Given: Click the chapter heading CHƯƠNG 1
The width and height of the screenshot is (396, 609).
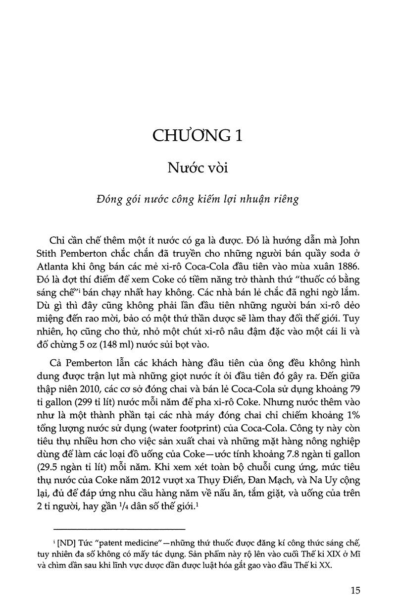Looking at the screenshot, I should click(198, 136).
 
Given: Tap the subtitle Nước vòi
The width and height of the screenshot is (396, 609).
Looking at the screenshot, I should click(198, 168).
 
